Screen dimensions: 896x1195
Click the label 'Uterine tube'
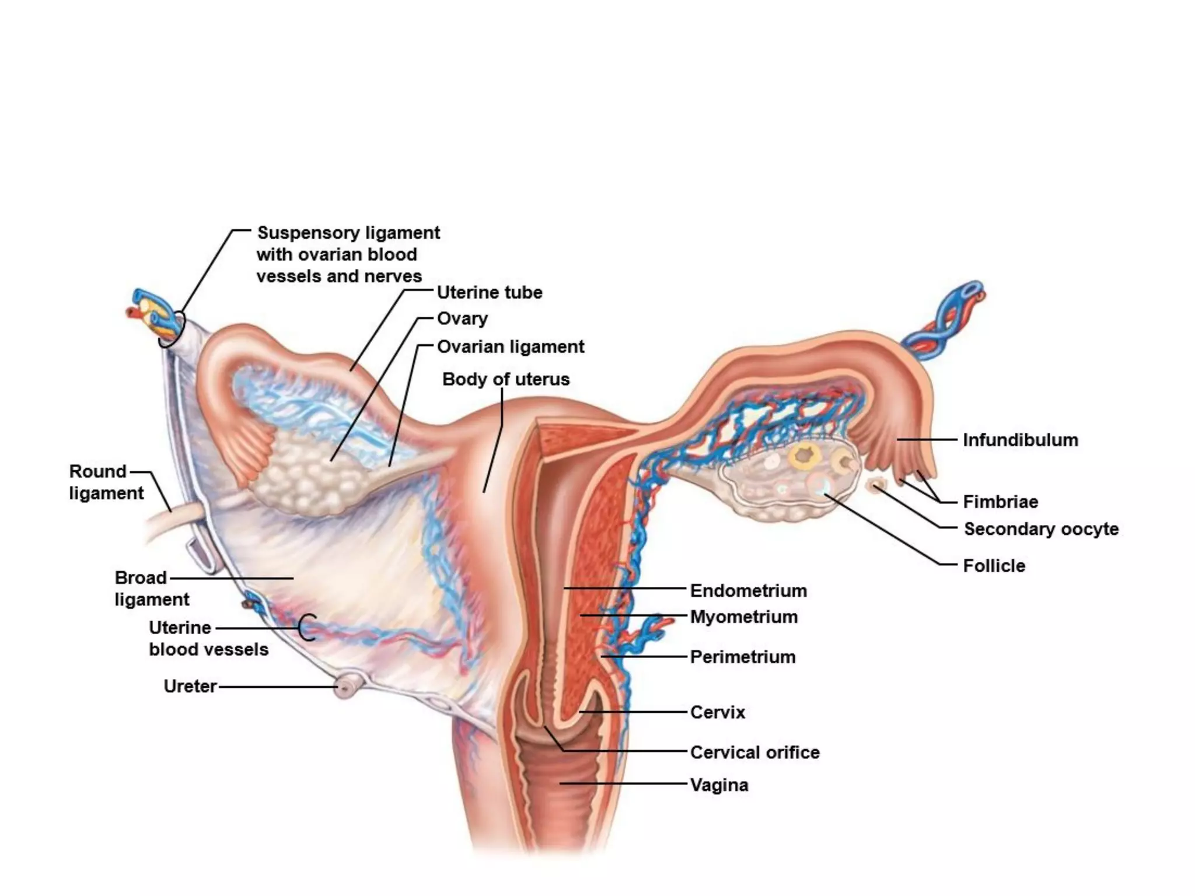coord(489,292)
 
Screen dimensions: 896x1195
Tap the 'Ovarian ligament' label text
coord(510,346)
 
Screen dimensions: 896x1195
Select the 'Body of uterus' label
coord(505,379)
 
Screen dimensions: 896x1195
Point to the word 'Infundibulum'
coord(1020,440)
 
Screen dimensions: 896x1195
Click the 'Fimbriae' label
coord(1000,502)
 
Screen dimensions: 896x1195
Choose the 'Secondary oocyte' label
coord(1041,529)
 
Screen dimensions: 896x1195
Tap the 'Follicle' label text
coord(994,565)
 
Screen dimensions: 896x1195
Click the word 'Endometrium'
coord(748,590)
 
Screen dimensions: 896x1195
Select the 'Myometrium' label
coord(743,617)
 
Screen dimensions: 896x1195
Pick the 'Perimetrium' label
coord(742,657)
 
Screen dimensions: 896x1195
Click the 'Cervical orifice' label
coord(754,752)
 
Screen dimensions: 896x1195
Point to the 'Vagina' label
coord(719,785)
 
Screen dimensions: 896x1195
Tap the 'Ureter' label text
coord(190,686)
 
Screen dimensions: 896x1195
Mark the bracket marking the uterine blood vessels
coord(307,628)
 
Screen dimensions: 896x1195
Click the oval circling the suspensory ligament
coord(172,330)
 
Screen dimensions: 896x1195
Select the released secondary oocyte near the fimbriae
coord(876,484)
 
